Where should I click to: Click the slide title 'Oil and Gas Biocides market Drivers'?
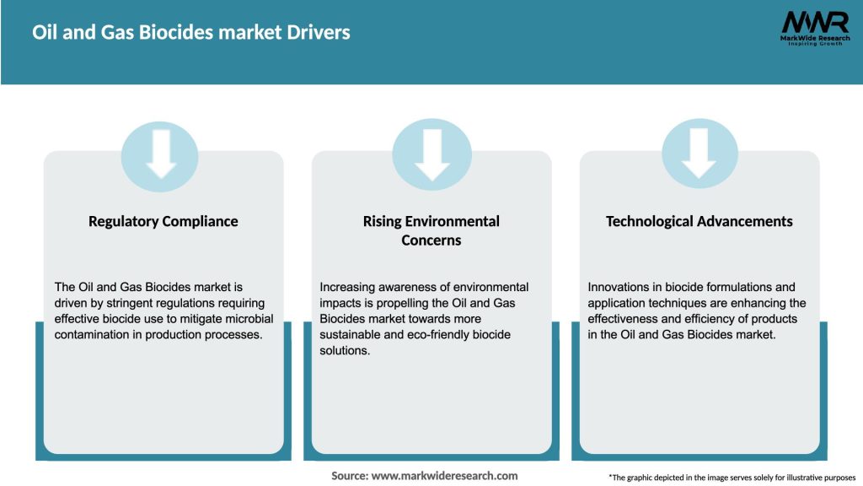(191, 33)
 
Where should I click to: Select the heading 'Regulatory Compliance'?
(163, 221)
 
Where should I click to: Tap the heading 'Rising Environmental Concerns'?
(431, 230)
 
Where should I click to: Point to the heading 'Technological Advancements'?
(700, 221)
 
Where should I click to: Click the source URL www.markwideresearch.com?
(445, 476)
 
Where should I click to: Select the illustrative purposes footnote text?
(732, 478)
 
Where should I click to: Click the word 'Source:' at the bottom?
(349, 476)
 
